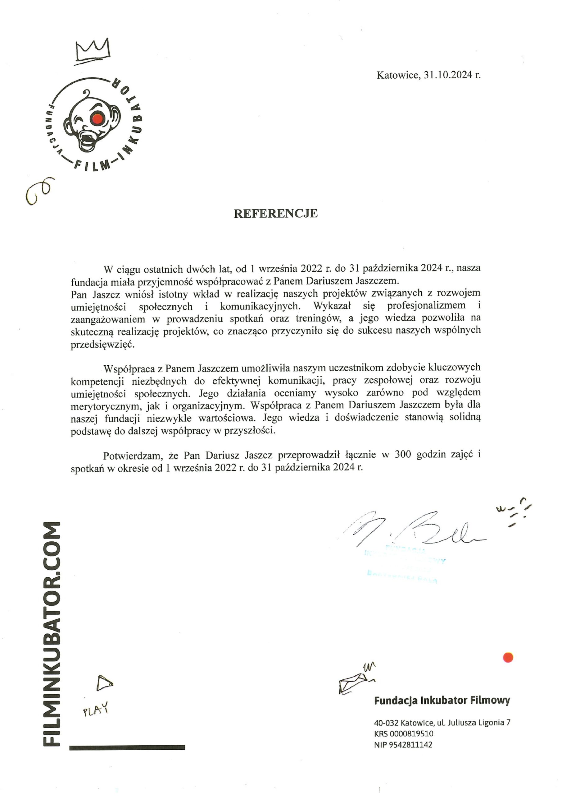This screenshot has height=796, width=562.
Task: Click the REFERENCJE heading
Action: click(x=276, y=214)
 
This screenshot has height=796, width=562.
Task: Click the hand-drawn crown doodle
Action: click(x=93, y=51)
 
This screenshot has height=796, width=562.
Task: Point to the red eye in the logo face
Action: click(x=98, y=118)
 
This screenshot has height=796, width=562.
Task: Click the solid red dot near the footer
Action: click(x=508, y=657)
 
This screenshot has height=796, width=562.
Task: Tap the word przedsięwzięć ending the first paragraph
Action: click(x=102, y=345)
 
